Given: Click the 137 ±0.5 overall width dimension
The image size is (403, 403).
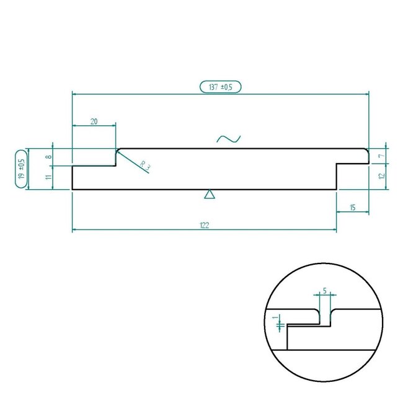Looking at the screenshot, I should pyautogui.click(x=220, y=87).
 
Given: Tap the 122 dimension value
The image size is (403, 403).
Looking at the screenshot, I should pyautogui.click(x=204, y=225).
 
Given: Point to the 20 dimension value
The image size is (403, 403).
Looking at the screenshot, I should pyautogui.click(x=94, y=122).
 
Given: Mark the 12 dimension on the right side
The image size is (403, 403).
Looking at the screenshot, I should pyautogui.click(x=381, y=177).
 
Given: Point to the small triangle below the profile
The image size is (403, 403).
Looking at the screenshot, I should pyautogui.click(x=210, y=195).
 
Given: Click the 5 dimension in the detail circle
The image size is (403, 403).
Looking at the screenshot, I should pyautogui.click(x=324, y=290).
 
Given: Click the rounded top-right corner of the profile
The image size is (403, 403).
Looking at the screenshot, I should pyautogui.click(x=366, y=151).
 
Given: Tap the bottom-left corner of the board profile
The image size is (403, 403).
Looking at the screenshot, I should pyautogui.click(x=73, y=189).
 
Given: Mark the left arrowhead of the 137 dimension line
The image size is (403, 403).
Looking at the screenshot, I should pyautogui.click(x=74, y=93).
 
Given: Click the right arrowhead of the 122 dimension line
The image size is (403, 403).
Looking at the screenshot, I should pyautogui.click(x=335, y=230).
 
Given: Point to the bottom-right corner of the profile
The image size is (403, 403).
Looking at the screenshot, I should pyautogui.click(x=337, y=189).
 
